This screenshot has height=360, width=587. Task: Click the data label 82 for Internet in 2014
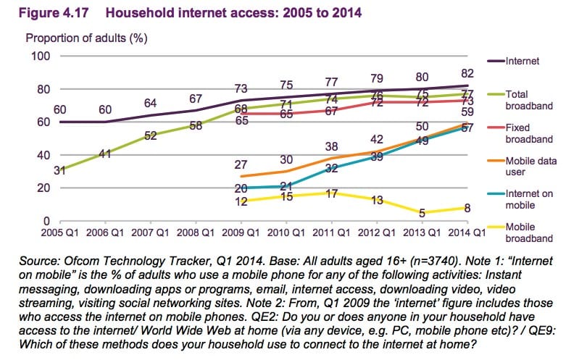coord(467,73)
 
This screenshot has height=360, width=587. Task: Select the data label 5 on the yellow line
coord(422,212)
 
